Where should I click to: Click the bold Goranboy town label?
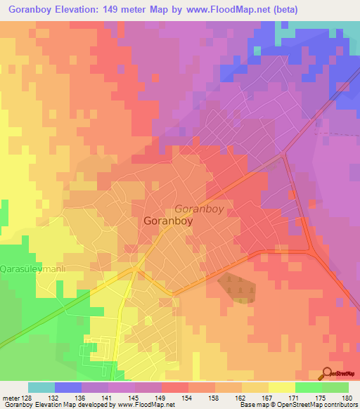[x=168, y=221]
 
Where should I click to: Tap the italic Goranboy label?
[x=198, y=209]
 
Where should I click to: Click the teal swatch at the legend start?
[x=41, y=387]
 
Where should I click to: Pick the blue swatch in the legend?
[x=67, y=387]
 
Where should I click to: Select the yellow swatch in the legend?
[x=281, y=387]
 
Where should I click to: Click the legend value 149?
[x=161, y=397]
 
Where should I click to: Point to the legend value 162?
[x=240, y=397]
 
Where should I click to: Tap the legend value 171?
[x=293, y=397]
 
